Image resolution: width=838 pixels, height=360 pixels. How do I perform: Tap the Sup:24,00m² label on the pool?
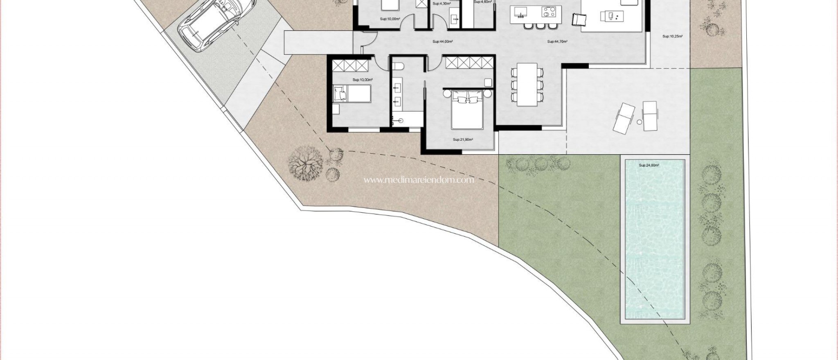pyautogui.click(x=649, y=165)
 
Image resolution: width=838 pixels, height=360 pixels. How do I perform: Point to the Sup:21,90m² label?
pyautogui.click(x=463, y=139)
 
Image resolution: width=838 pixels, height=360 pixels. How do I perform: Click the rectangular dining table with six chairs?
pyautogui.click(x=527, y=84)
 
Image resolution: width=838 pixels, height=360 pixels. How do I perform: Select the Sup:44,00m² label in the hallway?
pyautogui.click(x=442, y=42)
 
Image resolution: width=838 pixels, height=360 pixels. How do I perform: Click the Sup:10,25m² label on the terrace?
pyautogui.click(x=672, y=36)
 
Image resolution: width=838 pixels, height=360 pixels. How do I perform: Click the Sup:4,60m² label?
pyautogui.click(x=482, y=2)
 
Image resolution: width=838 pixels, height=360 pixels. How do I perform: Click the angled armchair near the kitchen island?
pyautogui.click(x=577, y=19)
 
